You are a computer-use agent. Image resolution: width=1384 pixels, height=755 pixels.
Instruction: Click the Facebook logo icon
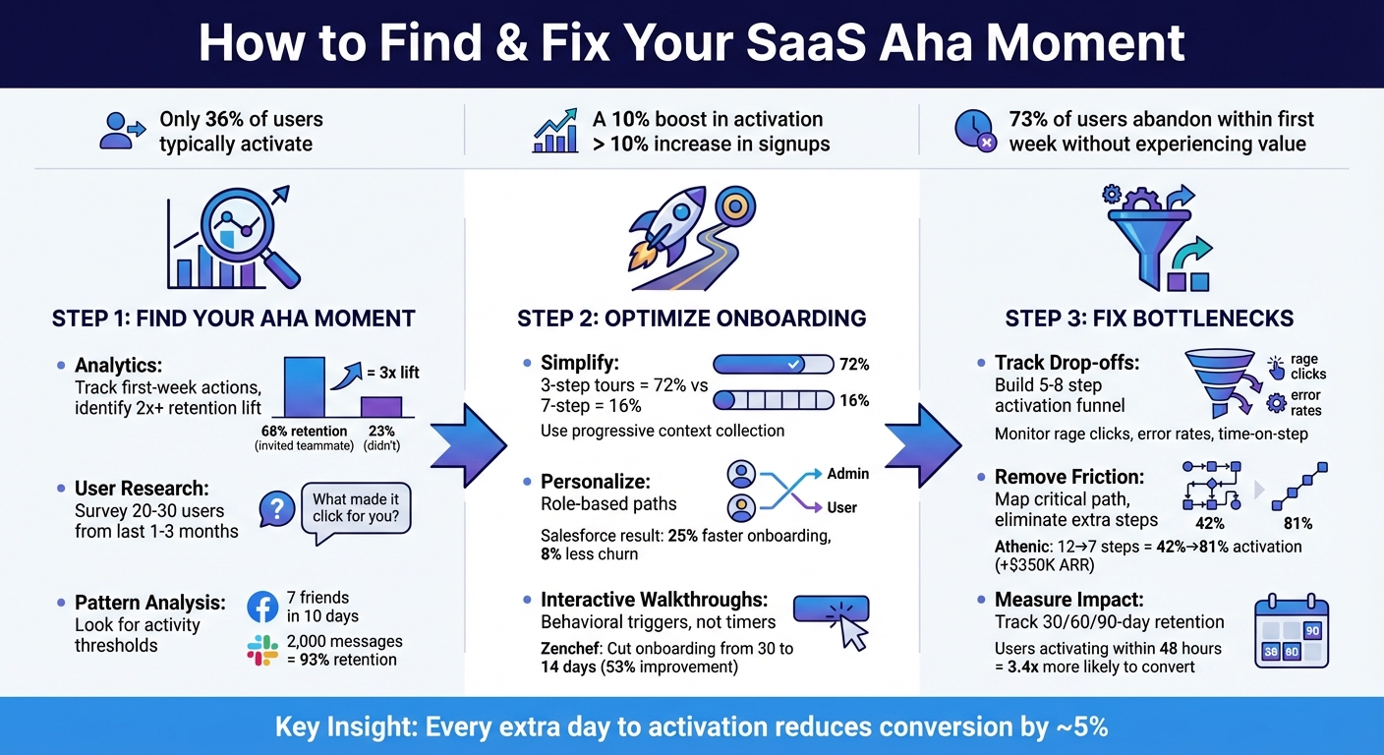263,608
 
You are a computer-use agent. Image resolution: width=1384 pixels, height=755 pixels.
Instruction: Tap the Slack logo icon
262,650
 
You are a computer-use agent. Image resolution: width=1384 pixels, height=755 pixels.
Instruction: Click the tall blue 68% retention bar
304,387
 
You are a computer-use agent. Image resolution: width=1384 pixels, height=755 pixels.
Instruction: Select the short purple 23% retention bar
380,407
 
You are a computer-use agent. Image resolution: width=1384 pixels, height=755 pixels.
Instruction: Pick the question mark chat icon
277,508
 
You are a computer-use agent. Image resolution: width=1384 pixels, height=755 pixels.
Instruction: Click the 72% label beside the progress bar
854,365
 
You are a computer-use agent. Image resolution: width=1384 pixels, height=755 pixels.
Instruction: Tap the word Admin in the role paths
847,474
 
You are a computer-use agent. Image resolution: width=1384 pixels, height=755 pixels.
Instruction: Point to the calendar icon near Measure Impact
1292,635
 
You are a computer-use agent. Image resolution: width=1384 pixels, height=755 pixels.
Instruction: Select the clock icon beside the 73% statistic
973,130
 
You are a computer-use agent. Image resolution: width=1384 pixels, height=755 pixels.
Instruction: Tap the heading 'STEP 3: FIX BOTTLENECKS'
1149,319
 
